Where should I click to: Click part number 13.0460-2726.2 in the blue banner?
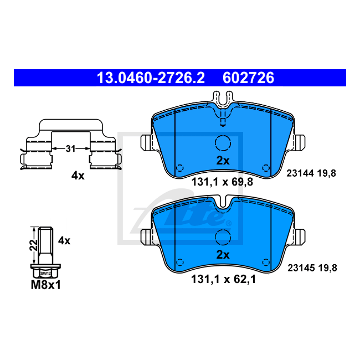[x=151, y=78]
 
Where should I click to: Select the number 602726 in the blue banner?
[x=249, y=78]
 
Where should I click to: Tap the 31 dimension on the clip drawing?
[x=70, y=149]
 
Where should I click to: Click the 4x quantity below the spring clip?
[x=78, y=176]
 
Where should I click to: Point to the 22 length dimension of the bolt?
[x=33, y=245]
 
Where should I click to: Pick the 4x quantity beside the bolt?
[x=64, y=241]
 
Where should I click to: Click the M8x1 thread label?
[x=45, y=285]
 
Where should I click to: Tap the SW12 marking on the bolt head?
[x=45, y=274]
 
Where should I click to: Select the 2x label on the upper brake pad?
[x=223, y=161]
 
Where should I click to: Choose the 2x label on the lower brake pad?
[x=223, y=255]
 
